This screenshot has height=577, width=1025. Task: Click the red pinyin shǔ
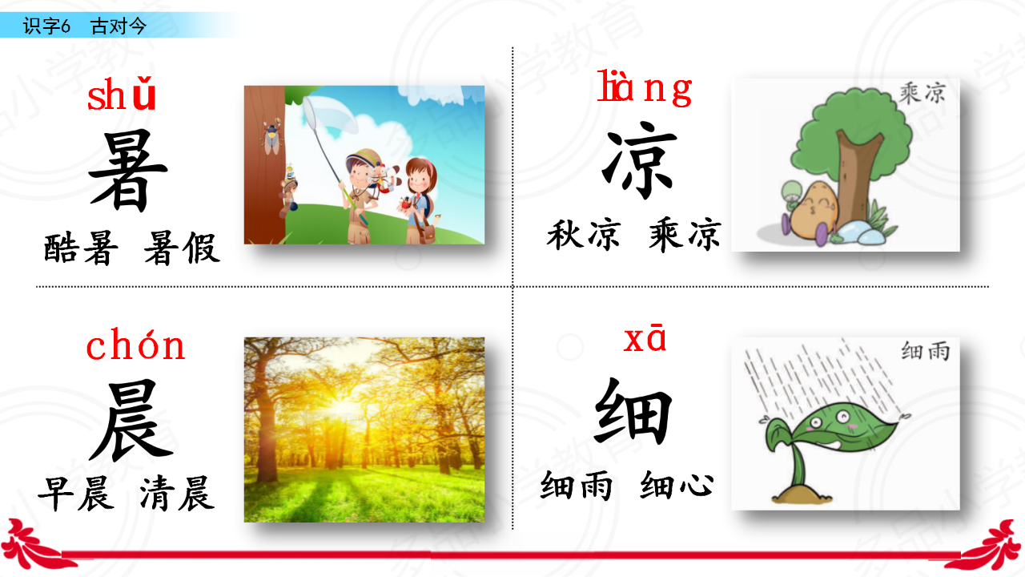121,94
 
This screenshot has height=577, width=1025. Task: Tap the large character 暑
127,171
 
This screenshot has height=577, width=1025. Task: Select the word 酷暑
81,248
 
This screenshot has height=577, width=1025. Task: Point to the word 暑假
182,248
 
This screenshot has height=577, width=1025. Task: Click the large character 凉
639,160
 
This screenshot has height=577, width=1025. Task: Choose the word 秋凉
584,235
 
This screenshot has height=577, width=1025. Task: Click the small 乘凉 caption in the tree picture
922,94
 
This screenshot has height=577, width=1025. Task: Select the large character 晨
131,421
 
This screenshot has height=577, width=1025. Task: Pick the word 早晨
76,493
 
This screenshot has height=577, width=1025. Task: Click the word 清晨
177,493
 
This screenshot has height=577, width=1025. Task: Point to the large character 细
633,411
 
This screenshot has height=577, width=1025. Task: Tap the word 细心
677,485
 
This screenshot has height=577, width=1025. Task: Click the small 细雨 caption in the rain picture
925,351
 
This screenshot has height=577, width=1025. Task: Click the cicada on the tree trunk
272,136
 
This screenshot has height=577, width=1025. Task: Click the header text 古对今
119,26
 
